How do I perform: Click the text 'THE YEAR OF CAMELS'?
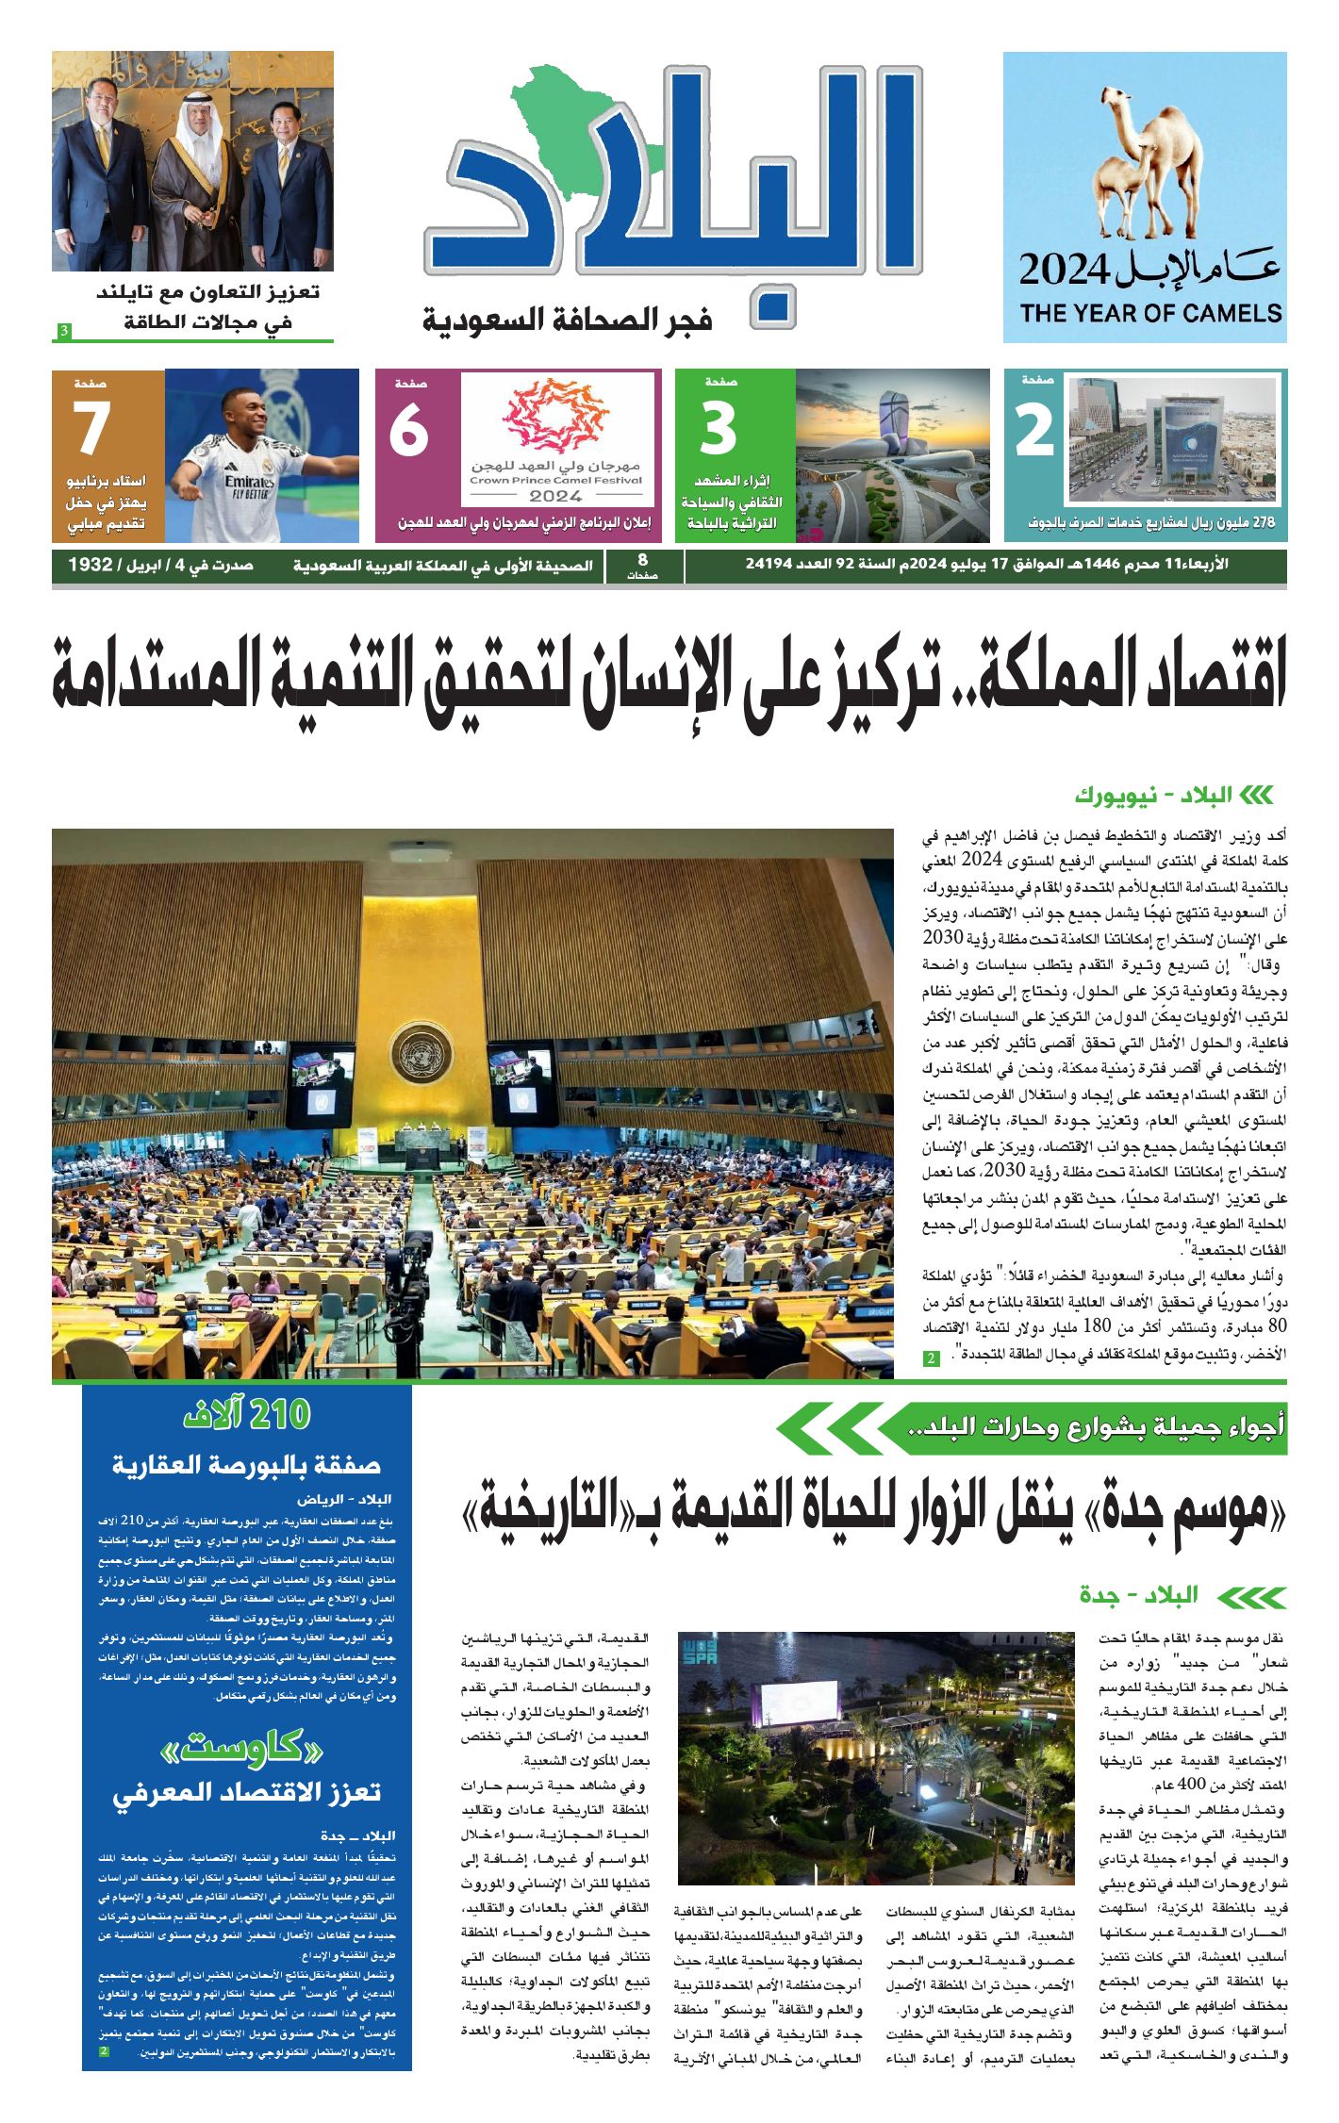coord(1149,314)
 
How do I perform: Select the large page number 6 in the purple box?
coord(409,431)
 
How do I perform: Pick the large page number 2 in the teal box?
coord(1034,432)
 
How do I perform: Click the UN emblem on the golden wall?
coord(422,1051)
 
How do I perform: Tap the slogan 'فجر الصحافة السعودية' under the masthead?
coord(567,321)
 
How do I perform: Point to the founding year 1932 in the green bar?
coord(91,566)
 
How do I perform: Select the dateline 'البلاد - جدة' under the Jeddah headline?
coord(1139,1595)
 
